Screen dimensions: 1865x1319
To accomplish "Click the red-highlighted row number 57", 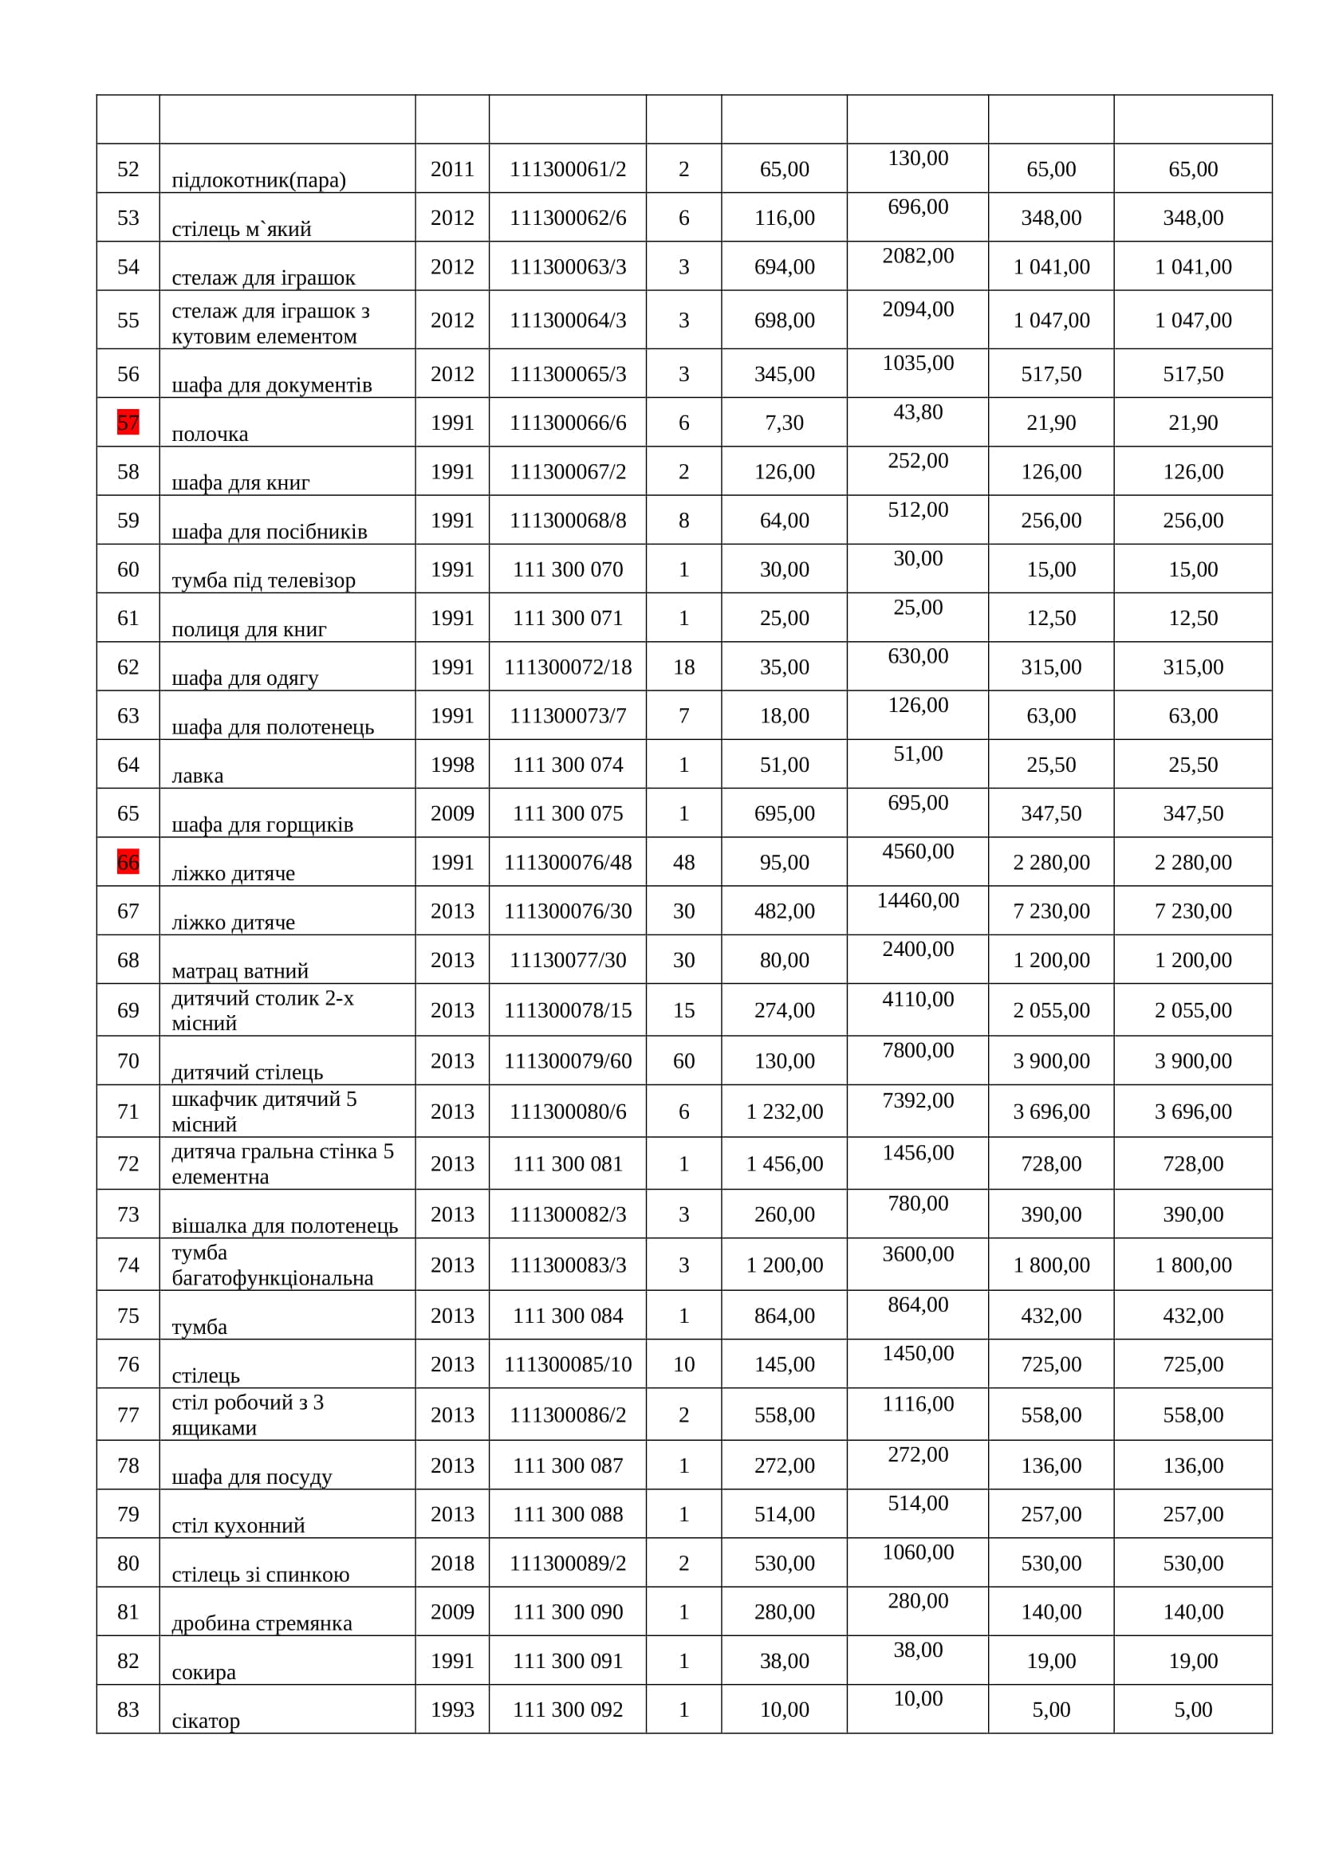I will (x=128, y=423).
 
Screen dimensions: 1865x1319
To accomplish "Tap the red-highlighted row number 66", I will (x=128, y=862).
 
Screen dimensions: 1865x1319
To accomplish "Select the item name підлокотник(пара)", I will (x=258, y=179).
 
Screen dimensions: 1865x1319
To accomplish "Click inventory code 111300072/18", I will (x=568, y=667).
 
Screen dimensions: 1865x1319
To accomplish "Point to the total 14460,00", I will (x=918, y=900).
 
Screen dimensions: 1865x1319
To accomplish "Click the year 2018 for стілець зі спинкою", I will (x=452, y=1563).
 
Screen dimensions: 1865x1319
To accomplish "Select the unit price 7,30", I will (x=784, y=423).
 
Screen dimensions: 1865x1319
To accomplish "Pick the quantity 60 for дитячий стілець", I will (x=684, y=1060).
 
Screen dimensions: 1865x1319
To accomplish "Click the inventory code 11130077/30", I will (x=568, y=960).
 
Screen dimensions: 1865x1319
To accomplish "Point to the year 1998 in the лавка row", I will (x=452, y=765).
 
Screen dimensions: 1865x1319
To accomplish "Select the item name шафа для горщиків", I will (x=262, y=824).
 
